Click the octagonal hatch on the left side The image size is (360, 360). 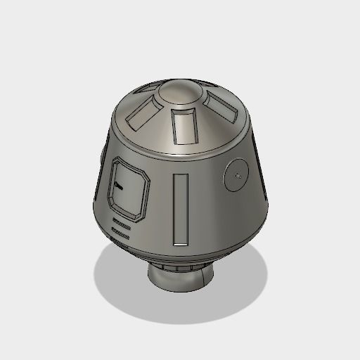coord(129,188)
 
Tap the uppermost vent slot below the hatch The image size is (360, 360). coord(121,220)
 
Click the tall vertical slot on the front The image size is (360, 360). coord(181,208)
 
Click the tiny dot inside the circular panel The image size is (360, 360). coord(239,173)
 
